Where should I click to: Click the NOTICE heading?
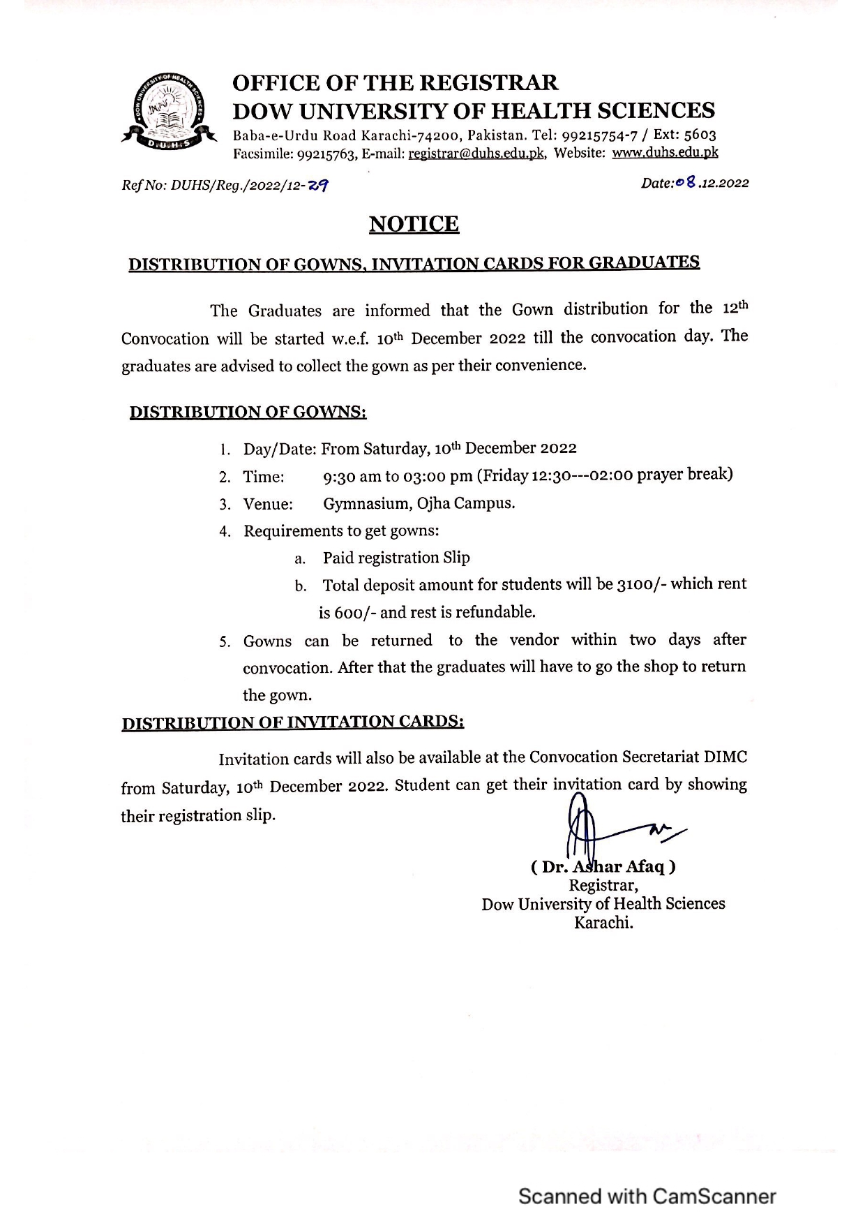(414, 224)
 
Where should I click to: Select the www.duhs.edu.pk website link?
(665, 153)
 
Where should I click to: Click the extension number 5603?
(700, 135)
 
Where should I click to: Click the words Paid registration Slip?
(396, 558)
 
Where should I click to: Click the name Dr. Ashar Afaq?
(603, 867)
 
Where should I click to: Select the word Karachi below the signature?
(603, 923)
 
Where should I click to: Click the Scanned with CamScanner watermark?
(647, 1196)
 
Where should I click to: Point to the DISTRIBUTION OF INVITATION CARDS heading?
(293, 722)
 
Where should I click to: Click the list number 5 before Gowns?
(225, 642)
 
